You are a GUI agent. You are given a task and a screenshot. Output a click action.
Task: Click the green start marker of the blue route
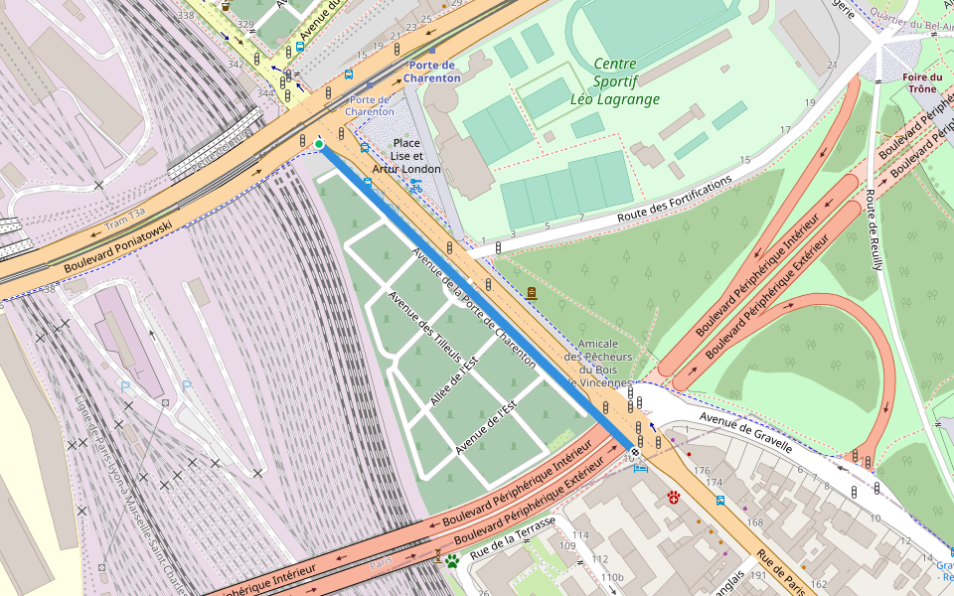(x=319, y=145)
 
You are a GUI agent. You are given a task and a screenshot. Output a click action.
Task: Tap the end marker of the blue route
(x=635, y=452)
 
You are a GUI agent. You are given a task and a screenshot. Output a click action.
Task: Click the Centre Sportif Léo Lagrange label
(x=615, y=81)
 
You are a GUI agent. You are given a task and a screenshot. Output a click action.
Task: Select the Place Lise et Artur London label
(x=406, y=156)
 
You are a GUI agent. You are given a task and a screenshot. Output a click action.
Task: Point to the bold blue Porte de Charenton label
(x=432, y=72)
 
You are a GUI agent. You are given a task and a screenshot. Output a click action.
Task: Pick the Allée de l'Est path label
(x=455, y=380)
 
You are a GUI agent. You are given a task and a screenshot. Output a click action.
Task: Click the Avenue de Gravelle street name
(x=745, y=432)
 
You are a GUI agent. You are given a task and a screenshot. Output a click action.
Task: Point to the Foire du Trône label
(x=922, y=82)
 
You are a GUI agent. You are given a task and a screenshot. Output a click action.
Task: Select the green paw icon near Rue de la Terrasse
(x=453, y=561)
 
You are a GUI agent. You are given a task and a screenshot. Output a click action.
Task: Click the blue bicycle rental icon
(x=415, y=185)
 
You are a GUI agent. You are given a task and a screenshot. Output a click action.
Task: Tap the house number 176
(x=702, y=471)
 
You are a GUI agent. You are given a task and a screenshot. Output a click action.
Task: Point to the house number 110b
(x=612, y=577)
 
